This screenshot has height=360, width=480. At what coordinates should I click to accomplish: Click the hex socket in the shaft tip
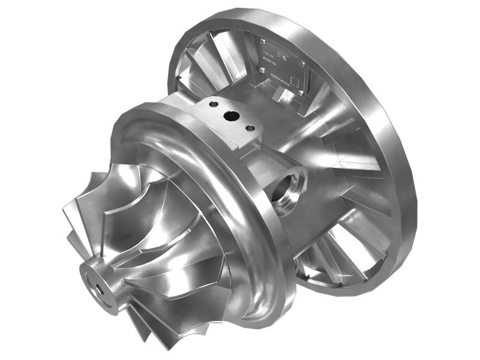pyautogui.click(x=95, y=282)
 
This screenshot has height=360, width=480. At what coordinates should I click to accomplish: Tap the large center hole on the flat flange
pyautogui.click(x=229, y=115)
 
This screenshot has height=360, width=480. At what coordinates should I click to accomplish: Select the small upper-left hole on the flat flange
pyautogui.click(x=211, y=104)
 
